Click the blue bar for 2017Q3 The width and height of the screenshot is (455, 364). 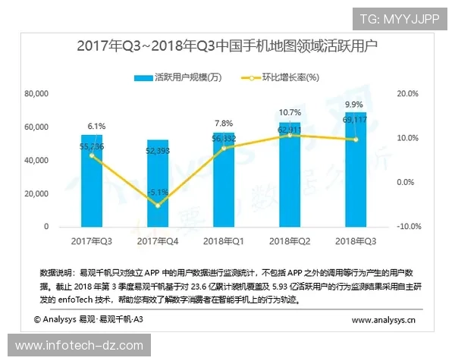coord(92,182)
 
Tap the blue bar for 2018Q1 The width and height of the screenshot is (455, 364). coord(224,180)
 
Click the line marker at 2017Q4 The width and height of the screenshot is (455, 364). coord(158,205)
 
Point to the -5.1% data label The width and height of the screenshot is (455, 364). coord(158,192)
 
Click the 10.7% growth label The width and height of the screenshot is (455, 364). coord(289,112)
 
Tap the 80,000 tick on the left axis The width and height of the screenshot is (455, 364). coord(36,93)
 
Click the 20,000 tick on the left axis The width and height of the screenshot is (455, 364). coord(36,193)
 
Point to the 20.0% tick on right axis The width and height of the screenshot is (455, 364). coord(408,93)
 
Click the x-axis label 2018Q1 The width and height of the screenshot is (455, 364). coord(224,241)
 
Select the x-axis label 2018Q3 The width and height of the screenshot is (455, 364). coord(355,241)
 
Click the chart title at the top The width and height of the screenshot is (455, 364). coord(227,45)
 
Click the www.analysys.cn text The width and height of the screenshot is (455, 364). coord(383,321)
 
